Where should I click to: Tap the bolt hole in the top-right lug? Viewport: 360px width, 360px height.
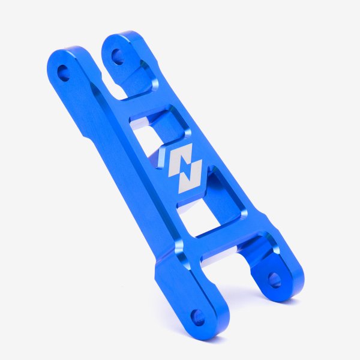pos(118,58)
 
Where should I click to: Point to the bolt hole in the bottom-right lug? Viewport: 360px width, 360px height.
pos(274,279)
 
